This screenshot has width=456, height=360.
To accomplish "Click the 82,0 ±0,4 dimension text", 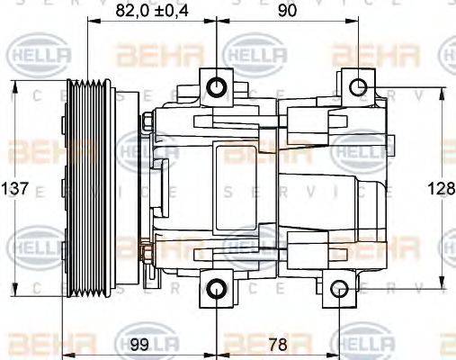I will pos(152,13).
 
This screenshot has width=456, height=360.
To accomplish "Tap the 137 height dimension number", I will pos(16,189).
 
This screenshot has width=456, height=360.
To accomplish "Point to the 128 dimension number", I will pos(441,189).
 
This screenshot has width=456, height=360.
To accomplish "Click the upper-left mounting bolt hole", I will pos(217,87).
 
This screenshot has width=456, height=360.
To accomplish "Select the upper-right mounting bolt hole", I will pos(357,86).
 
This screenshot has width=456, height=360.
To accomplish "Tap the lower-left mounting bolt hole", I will pos(217,289).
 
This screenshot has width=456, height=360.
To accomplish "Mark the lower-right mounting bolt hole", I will pos(338,289).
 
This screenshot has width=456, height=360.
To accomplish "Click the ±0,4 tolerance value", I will pos(171,13).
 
